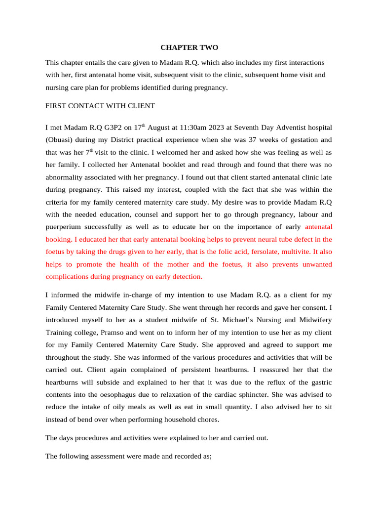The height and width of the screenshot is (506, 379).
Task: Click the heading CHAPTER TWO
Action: [189, 47]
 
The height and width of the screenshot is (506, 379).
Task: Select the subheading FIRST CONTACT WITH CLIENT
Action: [100, 106]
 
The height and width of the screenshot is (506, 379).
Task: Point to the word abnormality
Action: [66, 177]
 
